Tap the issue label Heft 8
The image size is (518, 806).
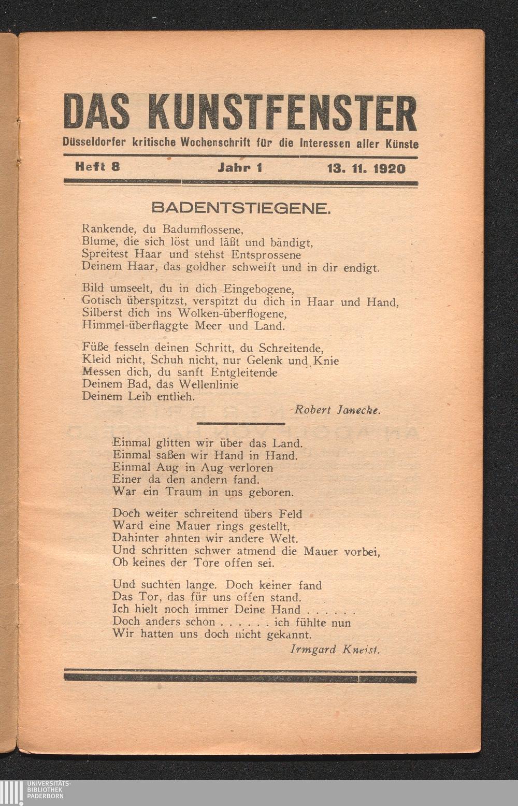(x=98, y=167)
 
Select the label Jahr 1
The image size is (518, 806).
(x=240, y=168)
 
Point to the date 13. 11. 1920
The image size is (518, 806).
(x=366, y=168)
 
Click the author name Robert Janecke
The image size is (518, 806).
(x=338, y=410)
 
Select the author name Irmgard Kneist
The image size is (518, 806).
(x=335, y=649)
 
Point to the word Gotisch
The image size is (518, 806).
(x=102, y=300)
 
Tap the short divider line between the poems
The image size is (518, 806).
(x=241, y=424)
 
